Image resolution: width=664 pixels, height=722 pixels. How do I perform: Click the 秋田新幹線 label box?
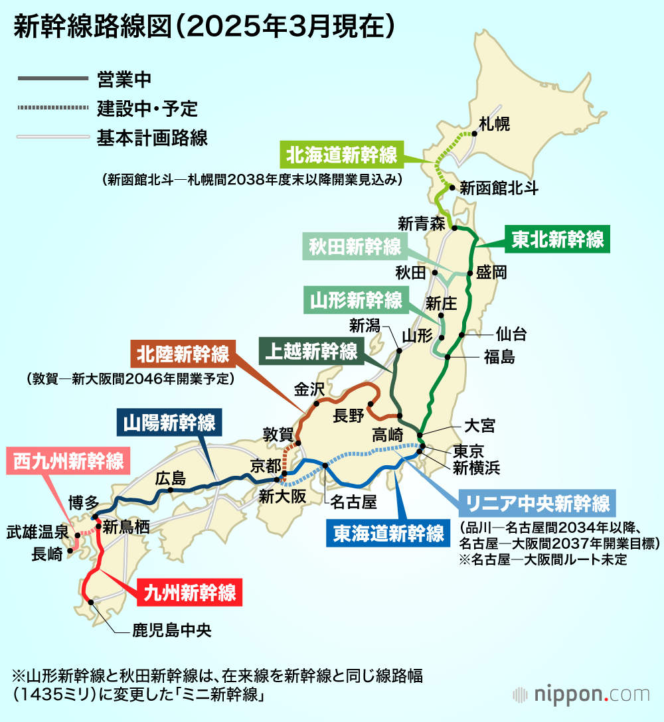tap(356, 248)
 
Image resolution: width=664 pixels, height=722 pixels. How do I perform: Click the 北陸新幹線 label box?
tap(183, 354)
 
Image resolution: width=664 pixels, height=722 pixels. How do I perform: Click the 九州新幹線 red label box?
tap(191, 592)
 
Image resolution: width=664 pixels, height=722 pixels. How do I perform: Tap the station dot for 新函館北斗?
tap(452, 188)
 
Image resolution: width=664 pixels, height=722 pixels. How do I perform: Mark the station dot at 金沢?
tap(317, 403)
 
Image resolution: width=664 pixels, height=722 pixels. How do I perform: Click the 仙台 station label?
tap(511, 334)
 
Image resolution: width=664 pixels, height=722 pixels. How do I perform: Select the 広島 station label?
tap(170, 478)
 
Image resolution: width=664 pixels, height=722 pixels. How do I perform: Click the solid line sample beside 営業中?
tap(52, 79)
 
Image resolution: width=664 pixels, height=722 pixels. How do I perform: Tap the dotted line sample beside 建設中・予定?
tap(52, 108)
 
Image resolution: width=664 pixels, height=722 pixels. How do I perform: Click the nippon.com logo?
tap(581, 695)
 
